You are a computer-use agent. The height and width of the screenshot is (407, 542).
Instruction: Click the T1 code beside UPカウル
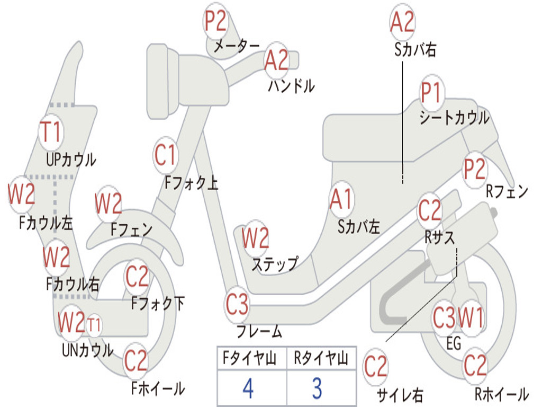point(51,132)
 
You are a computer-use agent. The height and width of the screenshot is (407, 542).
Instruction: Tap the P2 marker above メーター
point(215,21)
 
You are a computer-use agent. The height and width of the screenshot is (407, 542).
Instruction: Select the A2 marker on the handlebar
point(276,60)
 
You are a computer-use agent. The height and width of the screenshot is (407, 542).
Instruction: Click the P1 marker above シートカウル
point(431,93)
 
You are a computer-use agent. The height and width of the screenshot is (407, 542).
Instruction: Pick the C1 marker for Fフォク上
point(165,155)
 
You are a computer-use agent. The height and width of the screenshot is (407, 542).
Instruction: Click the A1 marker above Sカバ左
point(341,200)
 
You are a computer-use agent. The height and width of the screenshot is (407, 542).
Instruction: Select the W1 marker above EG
point(471,318)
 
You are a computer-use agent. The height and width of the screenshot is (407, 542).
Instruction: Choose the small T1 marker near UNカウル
point(94,325)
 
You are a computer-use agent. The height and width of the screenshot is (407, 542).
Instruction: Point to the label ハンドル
point(292,85)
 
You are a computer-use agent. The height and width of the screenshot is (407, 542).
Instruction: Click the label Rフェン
point(507,191)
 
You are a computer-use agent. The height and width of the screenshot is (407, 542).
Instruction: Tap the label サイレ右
point(400,394)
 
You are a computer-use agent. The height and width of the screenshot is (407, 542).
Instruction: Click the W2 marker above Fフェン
point(108,204)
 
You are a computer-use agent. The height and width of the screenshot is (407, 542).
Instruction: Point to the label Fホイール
point(158,388)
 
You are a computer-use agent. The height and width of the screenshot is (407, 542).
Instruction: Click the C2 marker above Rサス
point(430,210)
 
